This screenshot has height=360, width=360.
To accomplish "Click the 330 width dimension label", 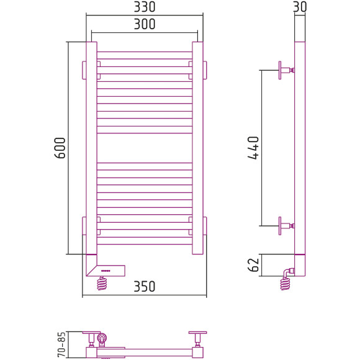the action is [x=145, y=7].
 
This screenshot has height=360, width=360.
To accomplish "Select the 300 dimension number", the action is [x=145, y=24].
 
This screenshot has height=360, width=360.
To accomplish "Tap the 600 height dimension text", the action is [x=60, y=148].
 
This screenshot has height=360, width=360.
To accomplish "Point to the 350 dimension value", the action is [x=145, y=286].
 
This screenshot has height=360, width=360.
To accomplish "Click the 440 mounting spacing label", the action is [x=253, y=148].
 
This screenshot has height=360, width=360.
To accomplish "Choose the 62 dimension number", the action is [x=253, y=265].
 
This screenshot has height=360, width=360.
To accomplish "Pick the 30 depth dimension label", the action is [x=300, y=7].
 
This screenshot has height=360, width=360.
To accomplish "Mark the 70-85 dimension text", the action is [x=61, y=345].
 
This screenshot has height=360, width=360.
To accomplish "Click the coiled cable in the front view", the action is [x=102, y=283].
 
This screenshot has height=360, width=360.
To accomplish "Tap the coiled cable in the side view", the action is [x=285, y=284].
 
